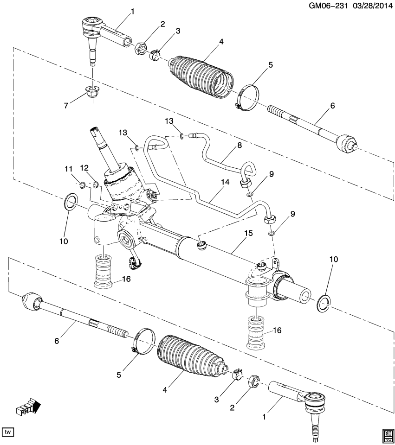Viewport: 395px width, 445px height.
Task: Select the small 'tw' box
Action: (x=8, y=432)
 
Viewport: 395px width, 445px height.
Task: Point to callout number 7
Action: (x=66, y=106)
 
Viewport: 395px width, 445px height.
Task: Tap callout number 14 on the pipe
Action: (x=225, y=183)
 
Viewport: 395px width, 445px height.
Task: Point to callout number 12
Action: (x=84, y=167)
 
